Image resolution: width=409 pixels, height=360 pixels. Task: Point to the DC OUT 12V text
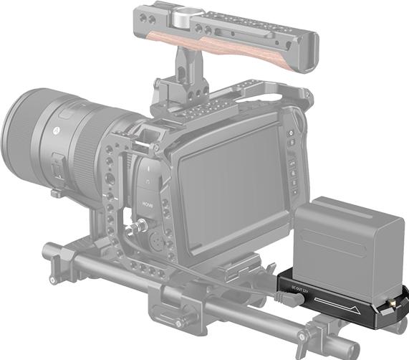tap(299, 289)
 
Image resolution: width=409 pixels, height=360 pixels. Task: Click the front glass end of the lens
tap(16, 129)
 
